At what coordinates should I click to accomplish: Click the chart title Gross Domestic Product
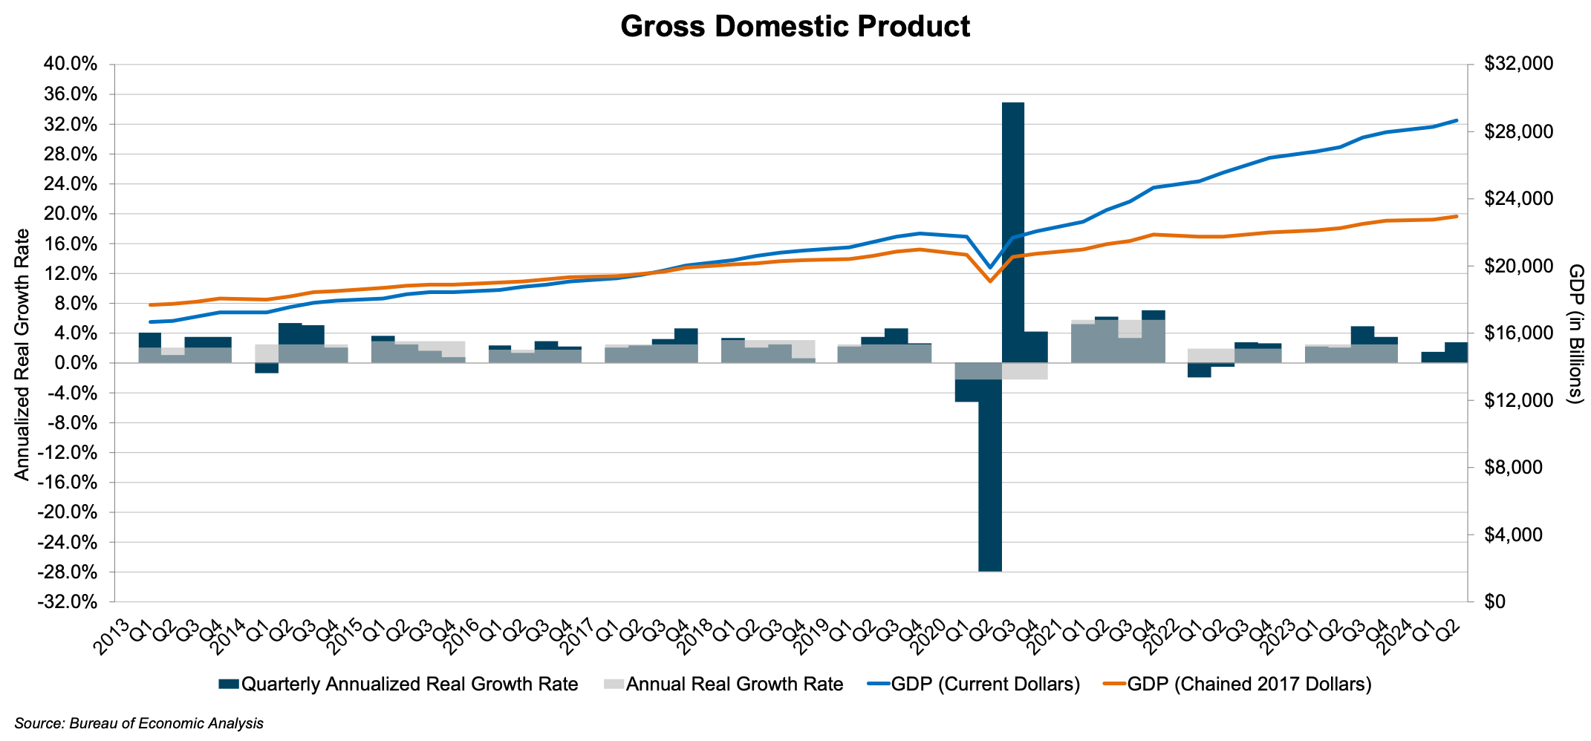pos(795,27)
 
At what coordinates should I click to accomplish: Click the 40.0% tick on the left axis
pos(71,64)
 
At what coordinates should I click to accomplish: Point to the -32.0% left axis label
pos(68,601)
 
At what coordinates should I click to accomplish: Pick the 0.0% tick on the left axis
pos(74,363)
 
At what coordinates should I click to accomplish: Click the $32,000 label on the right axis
pos(1518,64)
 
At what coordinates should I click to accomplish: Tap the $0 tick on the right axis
pos(1494,601)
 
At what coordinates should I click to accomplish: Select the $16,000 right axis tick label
pos(1518,333)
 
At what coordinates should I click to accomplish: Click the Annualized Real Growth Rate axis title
pos(22,354)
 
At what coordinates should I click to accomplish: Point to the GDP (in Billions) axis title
pos(1575,334)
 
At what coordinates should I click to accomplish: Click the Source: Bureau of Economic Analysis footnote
pos(139,723)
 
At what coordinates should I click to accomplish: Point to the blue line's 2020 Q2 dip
pos(989,267)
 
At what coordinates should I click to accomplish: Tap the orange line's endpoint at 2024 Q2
pos(1457,216)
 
